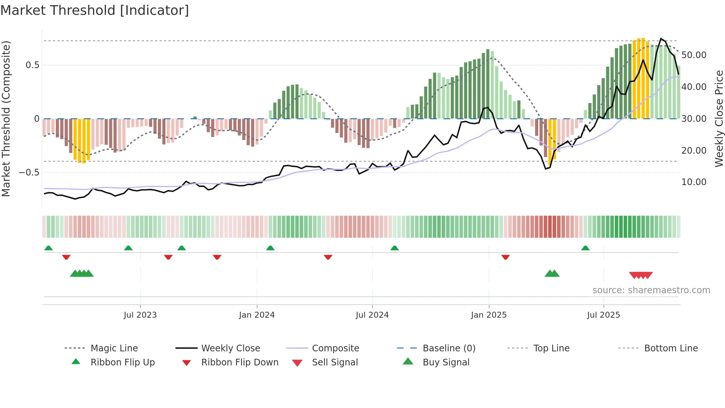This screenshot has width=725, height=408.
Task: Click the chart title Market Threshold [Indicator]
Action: point(95,10)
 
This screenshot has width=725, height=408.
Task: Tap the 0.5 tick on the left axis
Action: point(32,65)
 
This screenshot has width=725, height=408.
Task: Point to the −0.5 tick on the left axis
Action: point(29,173)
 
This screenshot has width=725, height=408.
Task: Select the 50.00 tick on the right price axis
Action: point(694,55)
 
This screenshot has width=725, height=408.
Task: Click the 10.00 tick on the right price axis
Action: point(694,182)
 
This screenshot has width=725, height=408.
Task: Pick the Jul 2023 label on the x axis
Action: point(140,315)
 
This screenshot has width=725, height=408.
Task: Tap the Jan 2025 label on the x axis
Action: point(489,315)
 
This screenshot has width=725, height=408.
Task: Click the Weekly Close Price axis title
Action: point(719,118)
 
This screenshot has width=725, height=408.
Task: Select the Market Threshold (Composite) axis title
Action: point(6,118)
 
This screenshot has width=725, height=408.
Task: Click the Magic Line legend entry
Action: point(114,348)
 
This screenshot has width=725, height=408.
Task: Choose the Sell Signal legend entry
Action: point(335,362)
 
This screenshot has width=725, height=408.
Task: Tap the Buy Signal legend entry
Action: point(446,362)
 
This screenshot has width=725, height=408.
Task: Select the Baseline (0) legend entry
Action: point(449,348)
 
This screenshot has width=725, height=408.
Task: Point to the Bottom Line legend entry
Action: point(671,348)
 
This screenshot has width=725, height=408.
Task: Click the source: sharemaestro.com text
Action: point(651,290)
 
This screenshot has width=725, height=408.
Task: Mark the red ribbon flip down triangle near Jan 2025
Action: point(506,257)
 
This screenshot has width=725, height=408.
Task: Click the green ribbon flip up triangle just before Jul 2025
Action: point(585,248)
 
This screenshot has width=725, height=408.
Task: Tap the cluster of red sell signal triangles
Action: point(641,275)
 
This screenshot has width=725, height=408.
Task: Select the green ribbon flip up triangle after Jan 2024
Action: point(270,248)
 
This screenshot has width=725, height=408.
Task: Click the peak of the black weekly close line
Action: point(661,39)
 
